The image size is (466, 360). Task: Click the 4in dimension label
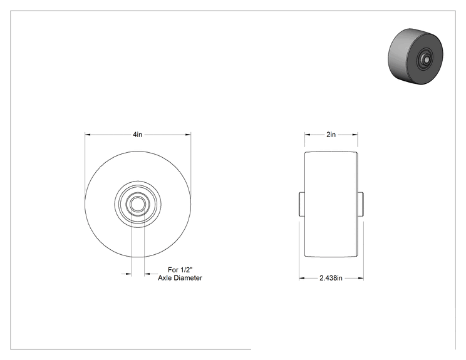pos(137,135)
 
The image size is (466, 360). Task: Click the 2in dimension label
pos(331,135)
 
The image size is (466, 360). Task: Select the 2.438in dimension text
pos(331,278)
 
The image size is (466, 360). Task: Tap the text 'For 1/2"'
pos(180,270)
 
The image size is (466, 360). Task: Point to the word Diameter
pos(188,278)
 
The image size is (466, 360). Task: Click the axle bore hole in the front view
pos(138,204)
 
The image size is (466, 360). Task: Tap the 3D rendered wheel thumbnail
pos(415,56)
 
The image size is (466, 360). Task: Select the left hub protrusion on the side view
pos(301,204)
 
